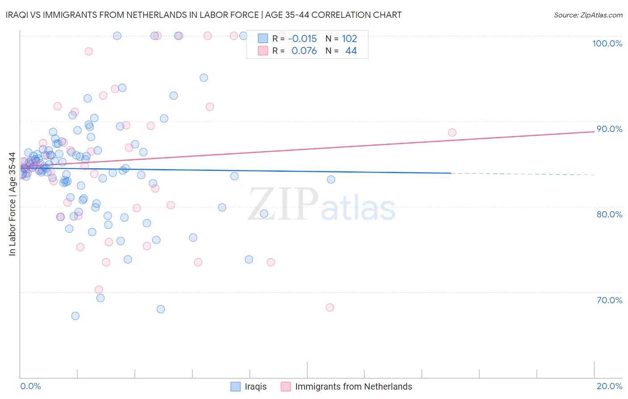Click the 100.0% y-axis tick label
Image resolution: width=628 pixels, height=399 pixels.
point(607,43)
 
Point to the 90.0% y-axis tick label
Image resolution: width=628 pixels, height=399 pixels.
point(609,129)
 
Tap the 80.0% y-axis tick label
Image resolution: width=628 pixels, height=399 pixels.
point(609,214)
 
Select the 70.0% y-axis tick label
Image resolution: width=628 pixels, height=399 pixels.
point(609,300)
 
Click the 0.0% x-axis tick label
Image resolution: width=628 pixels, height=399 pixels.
point(30,386)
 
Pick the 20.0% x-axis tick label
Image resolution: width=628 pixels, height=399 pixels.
point(609,386)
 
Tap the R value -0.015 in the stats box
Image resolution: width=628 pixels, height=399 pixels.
point(302,38)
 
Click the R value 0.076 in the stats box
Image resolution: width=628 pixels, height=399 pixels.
point(304,51)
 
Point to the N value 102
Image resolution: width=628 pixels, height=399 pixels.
point(349,38)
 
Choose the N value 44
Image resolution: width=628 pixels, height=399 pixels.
point(351,51)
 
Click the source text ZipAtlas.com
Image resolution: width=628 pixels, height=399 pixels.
point(588,15)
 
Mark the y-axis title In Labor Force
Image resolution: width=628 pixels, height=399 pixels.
point(12,204)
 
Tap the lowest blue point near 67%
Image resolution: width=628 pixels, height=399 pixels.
point(75,316)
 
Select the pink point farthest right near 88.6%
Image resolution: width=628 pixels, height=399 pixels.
point(452,132)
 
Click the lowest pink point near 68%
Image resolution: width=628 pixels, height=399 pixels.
point(330,307)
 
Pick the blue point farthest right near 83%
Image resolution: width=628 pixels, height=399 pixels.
point(331,179)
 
